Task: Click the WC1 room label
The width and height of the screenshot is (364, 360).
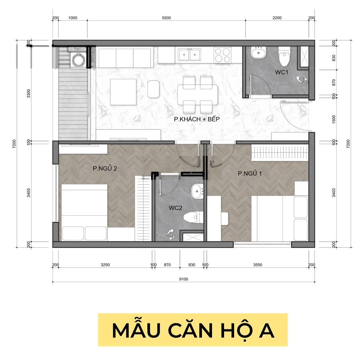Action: (281, 72)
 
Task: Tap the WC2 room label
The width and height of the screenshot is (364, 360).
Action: (175, 208)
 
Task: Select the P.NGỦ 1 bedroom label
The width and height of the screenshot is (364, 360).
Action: (250, 173)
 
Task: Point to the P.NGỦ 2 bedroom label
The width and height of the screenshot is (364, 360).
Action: (105, 168)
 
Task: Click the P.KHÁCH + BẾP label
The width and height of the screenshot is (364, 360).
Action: (197, 119)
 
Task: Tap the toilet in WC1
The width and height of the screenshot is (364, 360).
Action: (284, 56)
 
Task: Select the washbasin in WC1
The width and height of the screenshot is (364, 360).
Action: (258, 52)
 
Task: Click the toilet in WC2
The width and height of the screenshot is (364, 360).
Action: (193, 217)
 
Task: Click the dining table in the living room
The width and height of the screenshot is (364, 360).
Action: (197, 94)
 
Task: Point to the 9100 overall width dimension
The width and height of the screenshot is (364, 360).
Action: (184, 279)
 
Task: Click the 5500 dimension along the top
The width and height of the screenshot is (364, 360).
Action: (166, 18)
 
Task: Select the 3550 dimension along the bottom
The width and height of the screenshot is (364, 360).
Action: (257, 265)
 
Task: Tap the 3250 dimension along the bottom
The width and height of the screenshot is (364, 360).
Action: (105, 265)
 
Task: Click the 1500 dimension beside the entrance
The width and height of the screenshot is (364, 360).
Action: (333, 119)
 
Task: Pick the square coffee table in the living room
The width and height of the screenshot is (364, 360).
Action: (123, 92)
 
